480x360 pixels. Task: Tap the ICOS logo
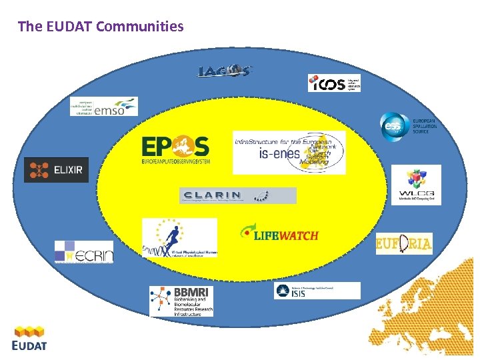click(334, 83)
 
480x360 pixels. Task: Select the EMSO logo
click(104, 107)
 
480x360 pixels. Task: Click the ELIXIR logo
click(56, 170)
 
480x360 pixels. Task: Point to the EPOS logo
click(175, 151)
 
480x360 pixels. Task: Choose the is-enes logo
click(289, 153)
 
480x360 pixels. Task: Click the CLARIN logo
click(237, 195)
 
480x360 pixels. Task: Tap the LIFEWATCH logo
click(279, 234)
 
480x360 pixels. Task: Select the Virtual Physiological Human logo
click(179, 238)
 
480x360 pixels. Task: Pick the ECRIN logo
click(84, 251)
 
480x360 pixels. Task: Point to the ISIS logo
click(317, 291)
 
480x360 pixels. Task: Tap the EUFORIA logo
click(404, 244)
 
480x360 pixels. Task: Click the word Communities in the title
click(139, 27)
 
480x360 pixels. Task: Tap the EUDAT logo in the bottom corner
click(29, 337)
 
